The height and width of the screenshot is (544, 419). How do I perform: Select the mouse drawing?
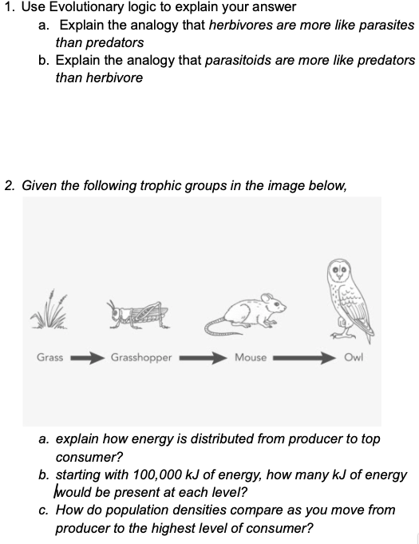(x=243, y=314)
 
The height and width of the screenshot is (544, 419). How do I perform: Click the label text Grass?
(x=49, y=357)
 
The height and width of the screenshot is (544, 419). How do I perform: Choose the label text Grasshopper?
(x=141, y=357)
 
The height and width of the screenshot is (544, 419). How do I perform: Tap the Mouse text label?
(x=251, y=357)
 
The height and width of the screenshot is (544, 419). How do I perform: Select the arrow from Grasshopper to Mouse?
(x=204, y=357)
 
